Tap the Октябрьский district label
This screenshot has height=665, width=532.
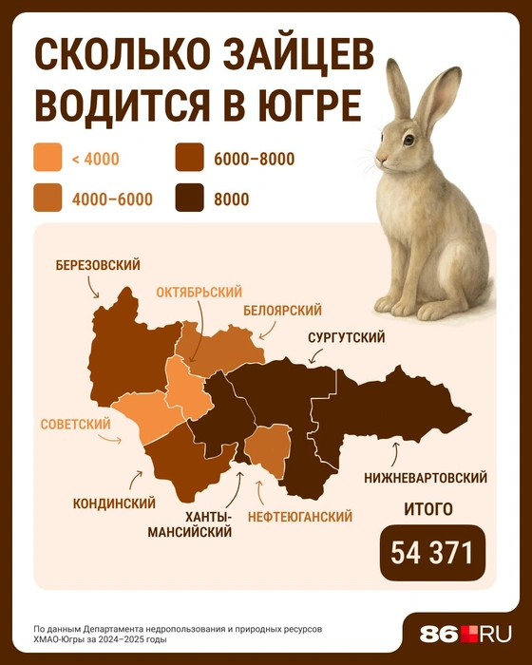click(199, 292)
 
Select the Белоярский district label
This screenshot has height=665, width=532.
click(282, 311)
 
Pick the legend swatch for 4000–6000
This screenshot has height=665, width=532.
click(47, 199)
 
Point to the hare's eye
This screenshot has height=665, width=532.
click(408, 140)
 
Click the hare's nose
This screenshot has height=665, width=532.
click(379, 158)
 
